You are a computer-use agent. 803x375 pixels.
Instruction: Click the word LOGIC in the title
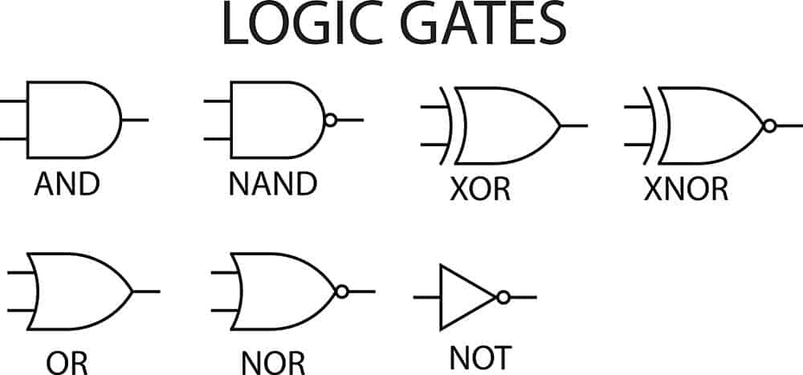click(303, 25)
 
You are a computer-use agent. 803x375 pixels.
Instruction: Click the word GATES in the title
click(483, 25)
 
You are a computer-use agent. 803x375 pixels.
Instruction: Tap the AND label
click(67, 185)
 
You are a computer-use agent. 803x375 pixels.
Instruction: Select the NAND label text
click(273, 184)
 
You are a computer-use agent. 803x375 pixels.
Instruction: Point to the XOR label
click(480, 190)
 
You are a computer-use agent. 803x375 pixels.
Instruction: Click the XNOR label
click(687, 189)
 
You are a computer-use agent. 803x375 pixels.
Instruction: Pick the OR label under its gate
click(67, 363)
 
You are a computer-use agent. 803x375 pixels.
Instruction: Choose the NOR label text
click(274, 363)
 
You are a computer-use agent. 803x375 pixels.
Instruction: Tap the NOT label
click(480, 357)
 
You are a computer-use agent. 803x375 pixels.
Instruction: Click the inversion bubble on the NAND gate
click(331, 120)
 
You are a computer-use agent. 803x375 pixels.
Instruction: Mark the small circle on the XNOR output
click(770, 125)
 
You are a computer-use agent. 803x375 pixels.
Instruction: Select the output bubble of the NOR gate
click(342, 292)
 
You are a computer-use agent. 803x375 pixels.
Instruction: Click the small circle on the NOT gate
click(503, 297)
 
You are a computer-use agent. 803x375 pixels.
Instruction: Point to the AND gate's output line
click(135, 120)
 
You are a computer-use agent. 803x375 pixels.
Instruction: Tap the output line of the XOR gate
click(574, 125)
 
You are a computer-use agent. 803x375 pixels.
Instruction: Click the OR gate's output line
click(146, 292)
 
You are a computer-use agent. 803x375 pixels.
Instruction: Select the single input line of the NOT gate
click(427, 297)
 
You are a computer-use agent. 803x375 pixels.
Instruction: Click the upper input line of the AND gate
click(14, 101)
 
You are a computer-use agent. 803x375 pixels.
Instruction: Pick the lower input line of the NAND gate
click(218, 139)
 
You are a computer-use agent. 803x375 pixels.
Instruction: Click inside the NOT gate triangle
click(461, 297)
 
